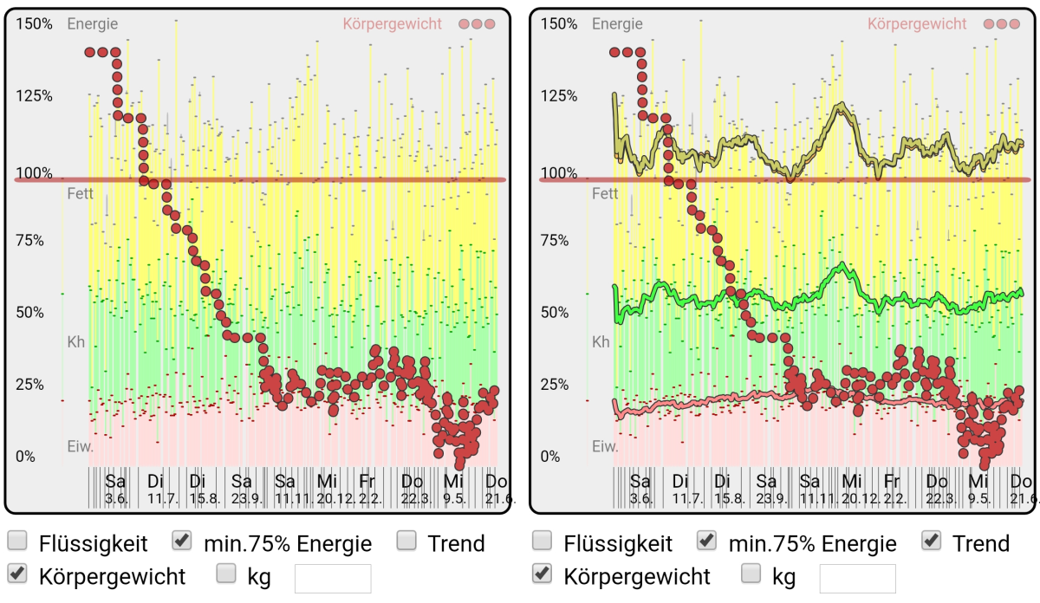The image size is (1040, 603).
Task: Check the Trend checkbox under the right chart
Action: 932,541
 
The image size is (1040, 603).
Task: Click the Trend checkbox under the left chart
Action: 407,541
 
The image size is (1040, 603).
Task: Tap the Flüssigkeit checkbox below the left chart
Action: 17,541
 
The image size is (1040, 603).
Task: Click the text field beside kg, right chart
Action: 857,578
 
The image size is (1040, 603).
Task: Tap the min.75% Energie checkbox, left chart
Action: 182,541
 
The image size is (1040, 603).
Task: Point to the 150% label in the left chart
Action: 35,24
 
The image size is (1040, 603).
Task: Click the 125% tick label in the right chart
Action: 559,95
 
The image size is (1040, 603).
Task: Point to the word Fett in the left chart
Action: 81,194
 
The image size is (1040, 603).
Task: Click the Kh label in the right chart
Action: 601,342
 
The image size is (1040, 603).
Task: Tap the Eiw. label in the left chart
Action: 81,447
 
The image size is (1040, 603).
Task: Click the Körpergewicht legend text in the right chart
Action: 917,24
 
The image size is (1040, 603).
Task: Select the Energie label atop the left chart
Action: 93,24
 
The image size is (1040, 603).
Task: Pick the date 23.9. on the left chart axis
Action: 243,499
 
